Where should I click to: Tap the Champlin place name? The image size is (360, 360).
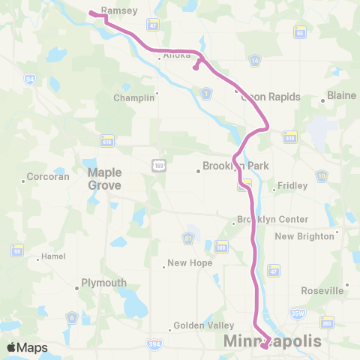tap(133, 97)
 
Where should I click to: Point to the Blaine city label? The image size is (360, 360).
tap(340, 96)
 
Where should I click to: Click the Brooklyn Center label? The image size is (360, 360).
tap(272, 219)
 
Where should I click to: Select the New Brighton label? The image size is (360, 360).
tap(304, 236)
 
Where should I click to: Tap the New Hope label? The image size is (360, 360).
tap(190, 263)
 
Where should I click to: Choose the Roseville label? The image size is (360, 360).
tap(321, 289)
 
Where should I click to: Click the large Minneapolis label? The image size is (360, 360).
tap(274, 341)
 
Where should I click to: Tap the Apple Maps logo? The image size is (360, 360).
tap(27, 347)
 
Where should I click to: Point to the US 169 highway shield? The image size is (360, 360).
tap(157, 165)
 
